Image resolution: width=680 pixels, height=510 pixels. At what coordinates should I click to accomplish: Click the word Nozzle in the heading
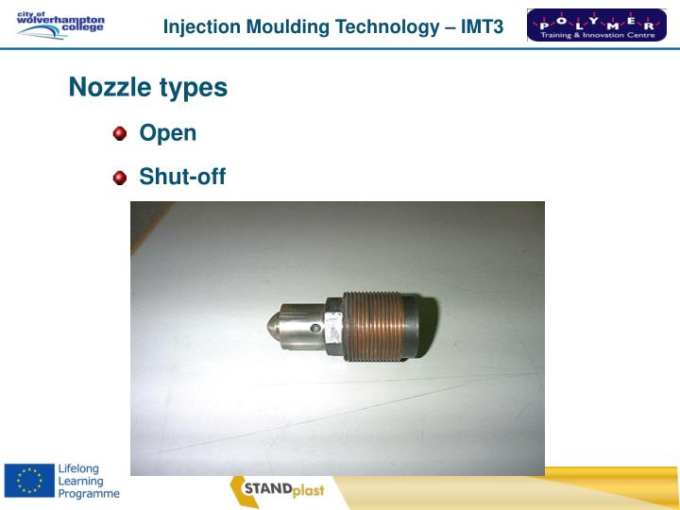103,88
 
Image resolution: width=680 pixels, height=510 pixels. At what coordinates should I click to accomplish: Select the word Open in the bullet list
168,133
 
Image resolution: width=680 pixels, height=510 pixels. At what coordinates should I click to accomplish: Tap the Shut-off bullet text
182,177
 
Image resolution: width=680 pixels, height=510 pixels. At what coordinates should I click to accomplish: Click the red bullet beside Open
120,133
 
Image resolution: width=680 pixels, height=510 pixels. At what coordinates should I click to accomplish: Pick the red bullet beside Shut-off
120,177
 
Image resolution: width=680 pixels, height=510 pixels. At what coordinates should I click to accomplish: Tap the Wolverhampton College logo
60,25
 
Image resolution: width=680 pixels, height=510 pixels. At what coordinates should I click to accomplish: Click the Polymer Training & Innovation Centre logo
596,25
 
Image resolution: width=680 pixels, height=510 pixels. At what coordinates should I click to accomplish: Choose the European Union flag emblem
28,482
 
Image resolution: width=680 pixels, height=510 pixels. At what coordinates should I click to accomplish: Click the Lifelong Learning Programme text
89,482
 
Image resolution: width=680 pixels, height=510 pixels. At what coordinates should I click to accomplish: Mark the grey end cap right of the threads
419,326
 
